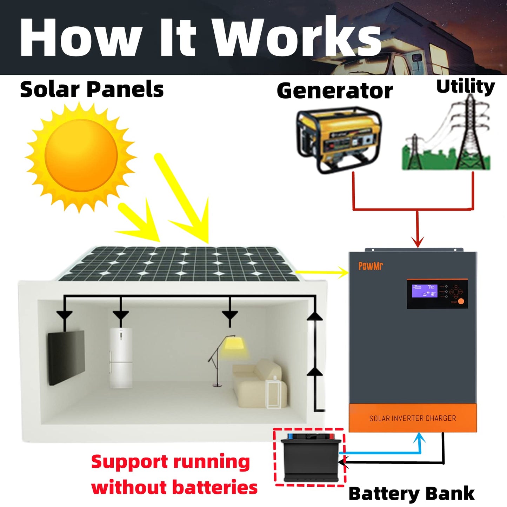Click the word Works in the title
[298, 37]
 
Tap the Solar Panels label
[92, 89]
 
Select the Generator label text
[335, 91]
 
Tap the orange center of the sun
[81, 155]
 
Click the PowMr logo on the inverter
[370, 266]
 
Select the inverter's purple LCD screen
[424, 291]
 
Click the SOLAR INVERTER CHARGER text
[413, 418]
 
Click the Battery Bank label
[411, 494]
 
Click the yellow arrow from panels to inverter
[323, 272]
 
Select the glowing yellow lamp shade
[234, 343]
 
